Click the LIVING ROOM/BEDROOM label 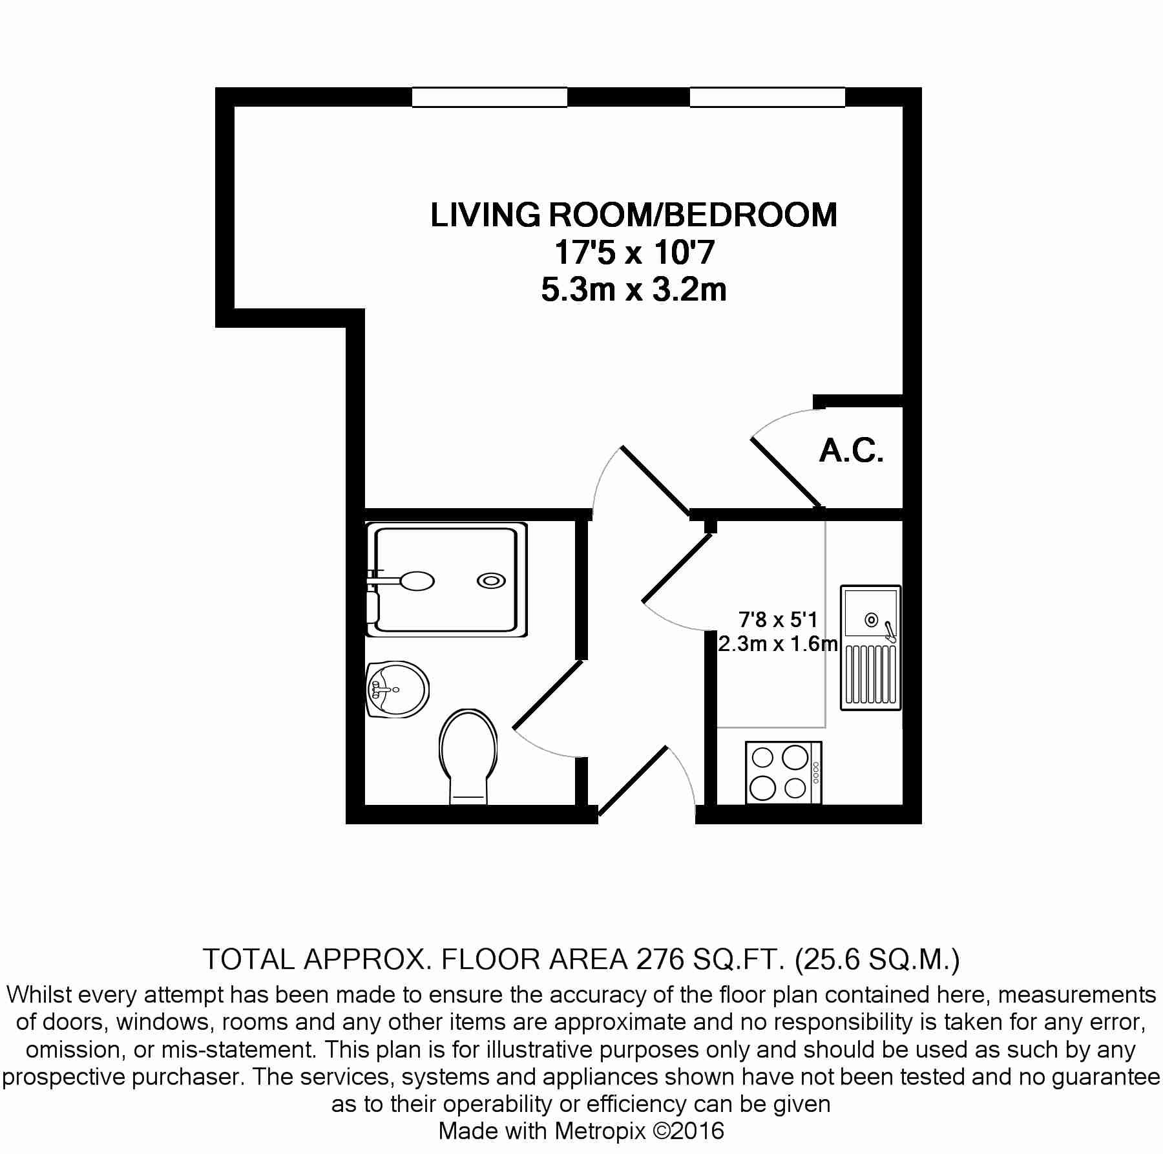634,215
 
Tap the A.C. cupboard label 851,451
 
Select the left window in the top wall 490,97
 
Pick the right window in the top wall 768,97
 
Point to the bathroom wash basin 397,689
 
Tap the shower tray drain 491,581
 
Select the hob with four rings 783,773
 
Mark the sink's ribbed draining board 871,675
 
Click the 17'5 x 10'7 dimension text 634,252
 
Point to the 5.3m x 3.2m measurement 634,290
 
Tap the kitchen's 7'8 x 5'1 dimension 778,620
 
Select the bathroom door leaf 547,696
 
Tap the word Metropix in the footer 600,1131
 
